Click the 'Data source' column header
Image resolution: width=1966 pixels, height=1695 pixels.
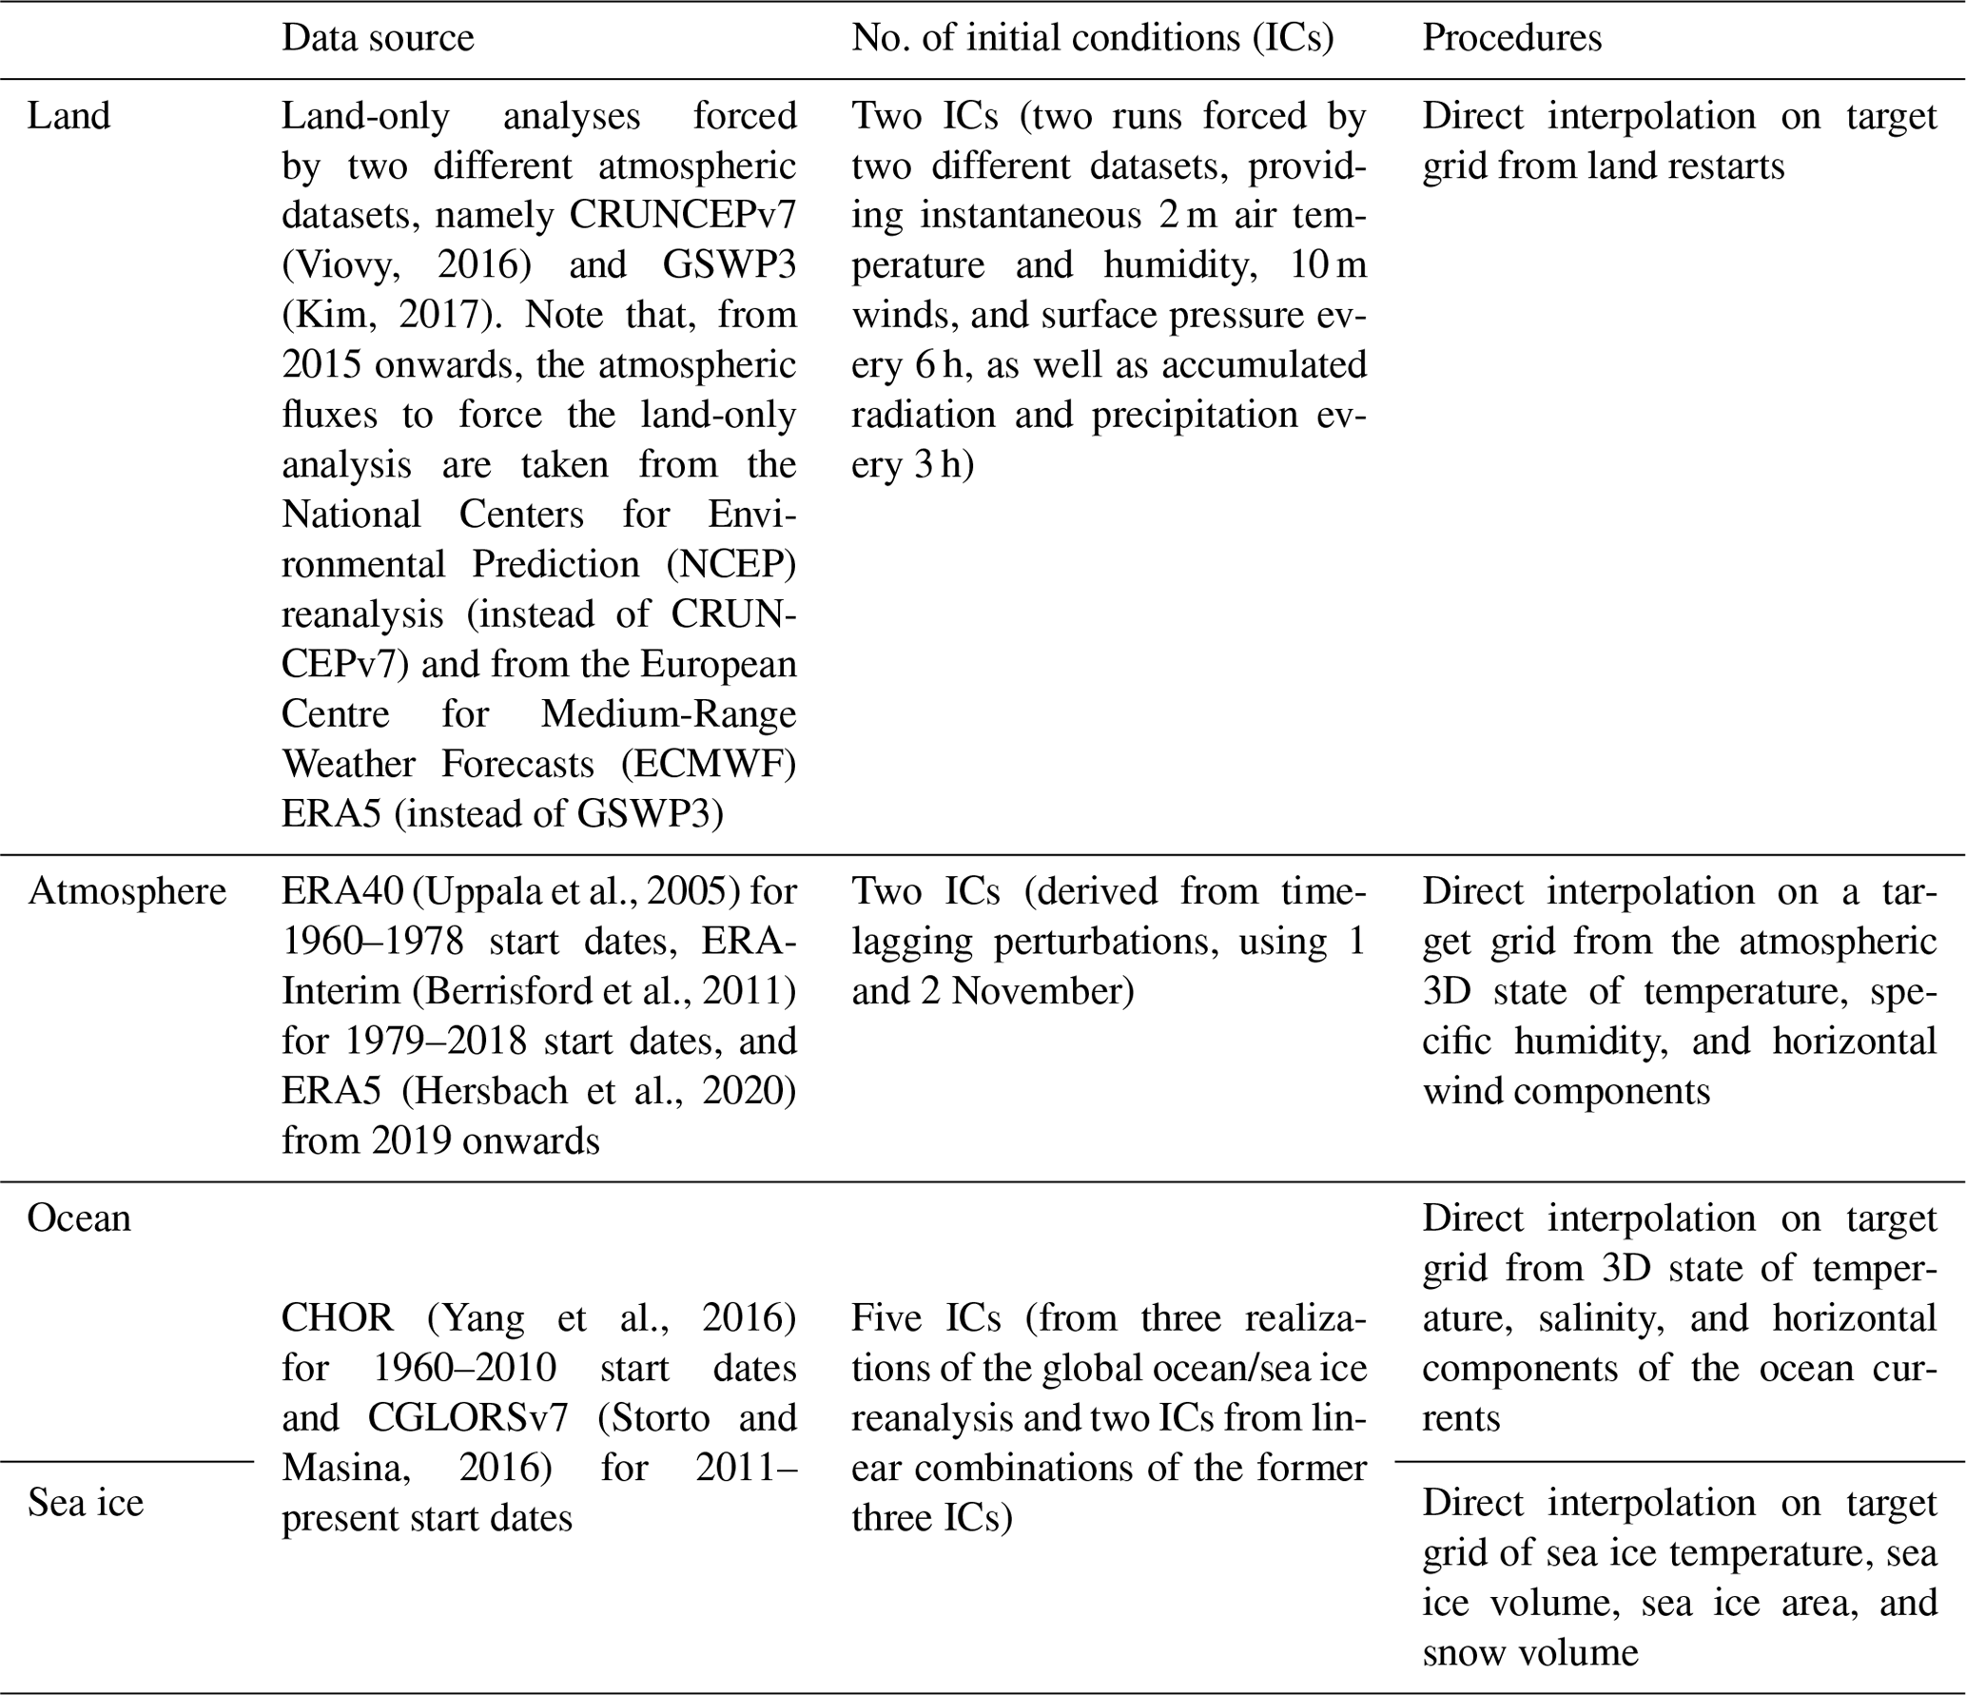pos(378,38)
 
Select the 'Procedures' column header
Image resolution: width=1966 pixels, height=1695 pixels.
pos(1511,38)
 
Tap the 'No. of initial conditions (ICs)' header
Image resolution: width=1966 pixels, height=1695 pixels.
pos(1093,38)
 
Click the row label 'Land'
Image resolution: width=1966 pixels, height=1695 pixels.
pos(68,116)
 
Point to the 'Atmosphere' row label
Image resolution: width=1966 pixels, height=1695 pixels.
pos(127,891)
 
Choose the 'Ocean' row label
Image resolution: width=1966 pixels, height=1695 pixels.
pos(79,1218)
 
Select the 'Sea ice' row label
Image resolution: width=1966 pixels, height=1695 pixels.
pos(86,1503)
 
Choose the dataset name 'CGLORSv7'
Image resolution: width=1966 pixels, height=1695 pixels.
pos(468,1418)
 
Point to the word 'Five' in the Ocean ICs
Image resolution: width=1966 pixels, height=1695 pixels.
pos(886,1318)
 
